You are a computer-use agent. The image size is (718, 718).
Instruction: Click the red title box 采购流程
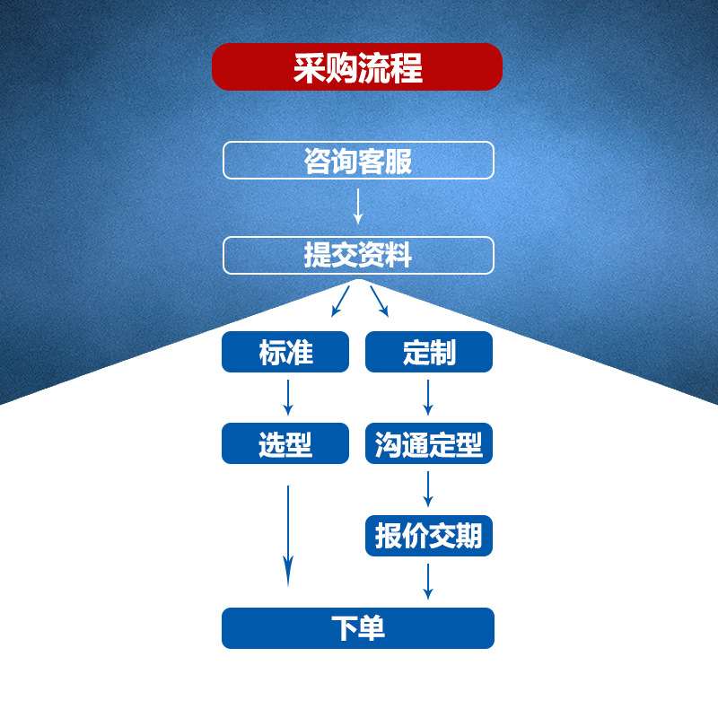point(357,67)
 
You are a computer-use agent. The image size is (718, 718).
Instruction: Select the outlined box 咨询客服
point(358,161)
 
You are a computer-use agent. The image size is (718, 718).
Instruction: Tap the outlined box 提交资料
point(358,255)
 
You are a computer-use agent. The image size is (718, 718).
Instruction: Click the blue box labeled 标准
point(285,352)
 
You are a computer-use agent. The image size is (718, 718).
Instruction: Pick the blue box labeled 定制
point(429,352)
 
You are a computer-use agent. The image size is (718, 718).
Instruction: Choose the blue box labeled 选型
point(285,443)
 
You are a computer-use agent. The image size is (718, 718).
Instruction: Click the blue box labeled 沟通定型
point(429,443)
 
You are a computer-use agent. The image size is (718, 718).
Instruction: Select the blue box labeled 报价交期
point(429,536)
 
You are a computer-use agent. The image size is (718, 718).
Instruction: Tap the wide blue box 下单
point(358,628)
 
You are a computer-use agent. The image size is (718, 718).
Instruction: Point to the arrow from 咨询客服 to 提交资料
point(358,206)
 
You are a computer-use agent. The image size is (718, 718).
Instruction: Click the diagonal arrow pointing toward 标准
point(340,302)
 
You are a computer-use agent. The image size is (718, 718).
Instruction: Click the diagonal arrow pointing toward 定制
point(379,302)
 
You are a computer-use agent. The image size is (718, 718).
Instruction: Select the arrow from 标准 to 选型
point(288,396)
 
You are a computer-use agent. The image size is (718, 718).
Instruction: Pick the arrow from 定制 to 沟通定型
point(428,396)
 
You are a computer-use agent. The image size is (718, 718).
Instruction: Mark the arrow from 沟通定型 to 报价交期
point(428,488)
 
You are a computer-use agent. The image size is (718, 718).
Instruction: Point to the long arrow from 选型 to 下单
point(288,535)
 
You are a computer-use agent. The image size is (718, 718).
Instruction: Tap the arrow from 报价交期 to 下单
point(428,581)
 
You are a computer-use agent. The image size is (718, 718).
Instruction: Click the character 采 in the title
point(309,67)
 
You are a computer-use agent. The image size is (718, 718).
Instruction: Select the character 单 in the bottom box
point(372,628)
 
